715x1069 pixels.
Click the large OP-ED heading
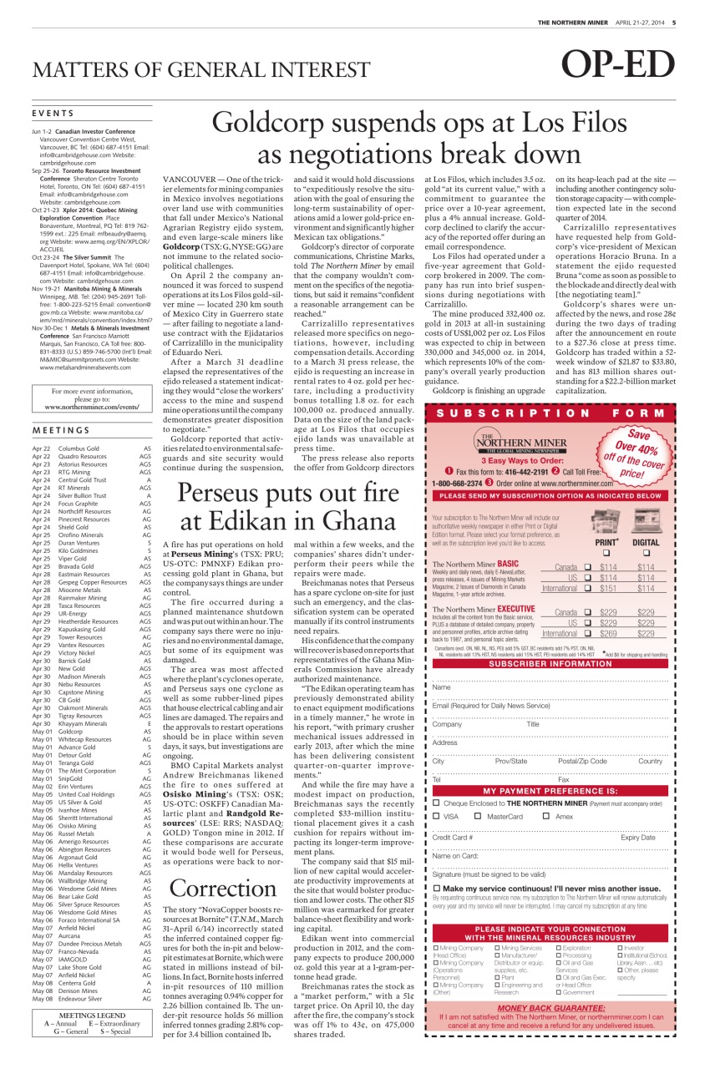pyautogui.click(x=617, y=66)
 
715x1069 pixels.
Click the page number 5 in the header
pyautogui.click(x=673, y=22)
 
